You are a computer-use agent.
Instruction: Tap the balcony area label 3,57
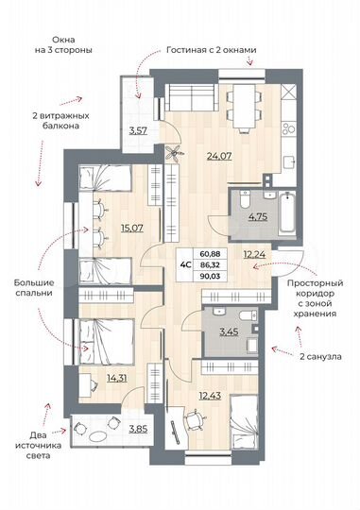(139, 129)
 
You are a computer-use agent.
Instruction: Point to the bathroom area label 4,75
(231, 216)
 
